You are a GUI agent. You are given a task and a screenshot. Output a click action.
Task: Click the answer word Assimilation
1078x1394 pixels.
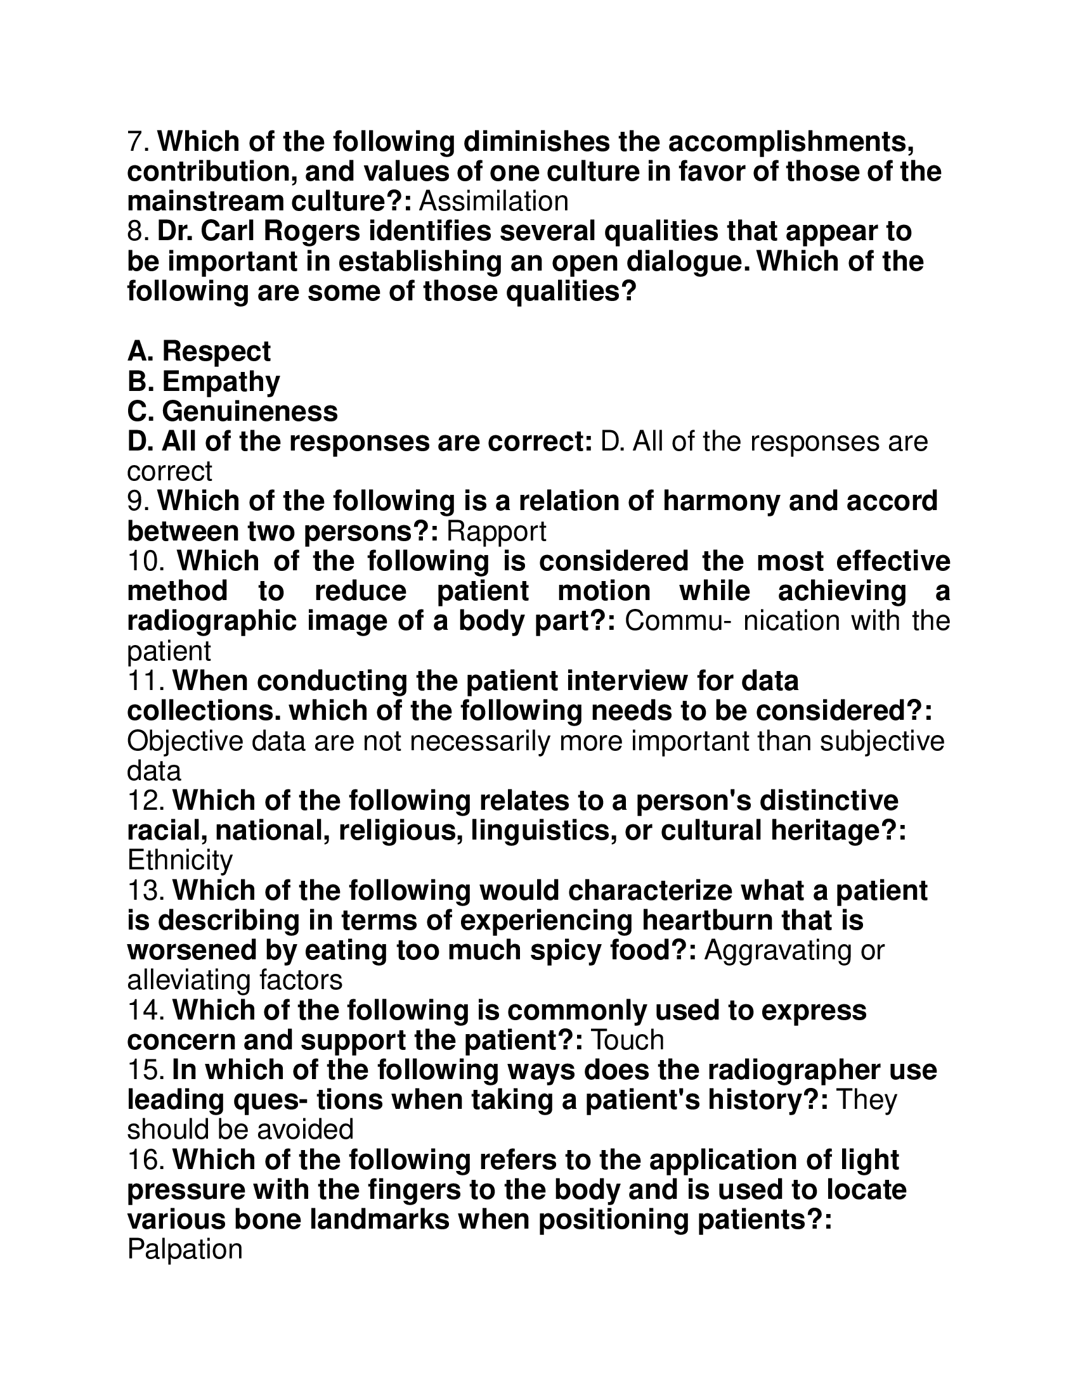point(493,201)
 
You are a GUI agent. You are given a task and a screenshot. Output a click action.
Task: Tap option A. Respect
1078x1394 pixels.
point(199,352)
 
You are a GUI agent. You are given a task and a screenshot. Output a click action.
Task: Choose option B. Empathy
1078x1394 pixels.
point(204,381)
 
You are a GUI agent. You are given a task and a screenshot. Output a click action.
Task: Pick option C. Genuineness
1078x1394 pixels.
point(233,412)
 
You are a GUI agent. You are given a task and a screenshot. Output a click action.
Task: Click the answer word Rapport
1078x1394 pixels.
point(497,532)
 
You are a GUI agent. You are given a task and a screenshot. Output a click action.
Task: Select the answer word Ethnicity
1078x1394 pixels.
point(180,861)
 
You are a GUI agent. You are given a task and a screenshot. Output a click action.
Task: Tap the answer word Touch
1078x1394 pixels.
point(628,1040)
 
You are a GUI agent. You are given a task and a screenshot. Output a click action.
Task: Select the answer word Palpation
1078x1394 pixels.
point(185,1250)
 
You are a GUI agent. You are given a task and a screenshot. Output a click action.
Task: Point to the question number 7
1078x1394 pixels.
point(139,142)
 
